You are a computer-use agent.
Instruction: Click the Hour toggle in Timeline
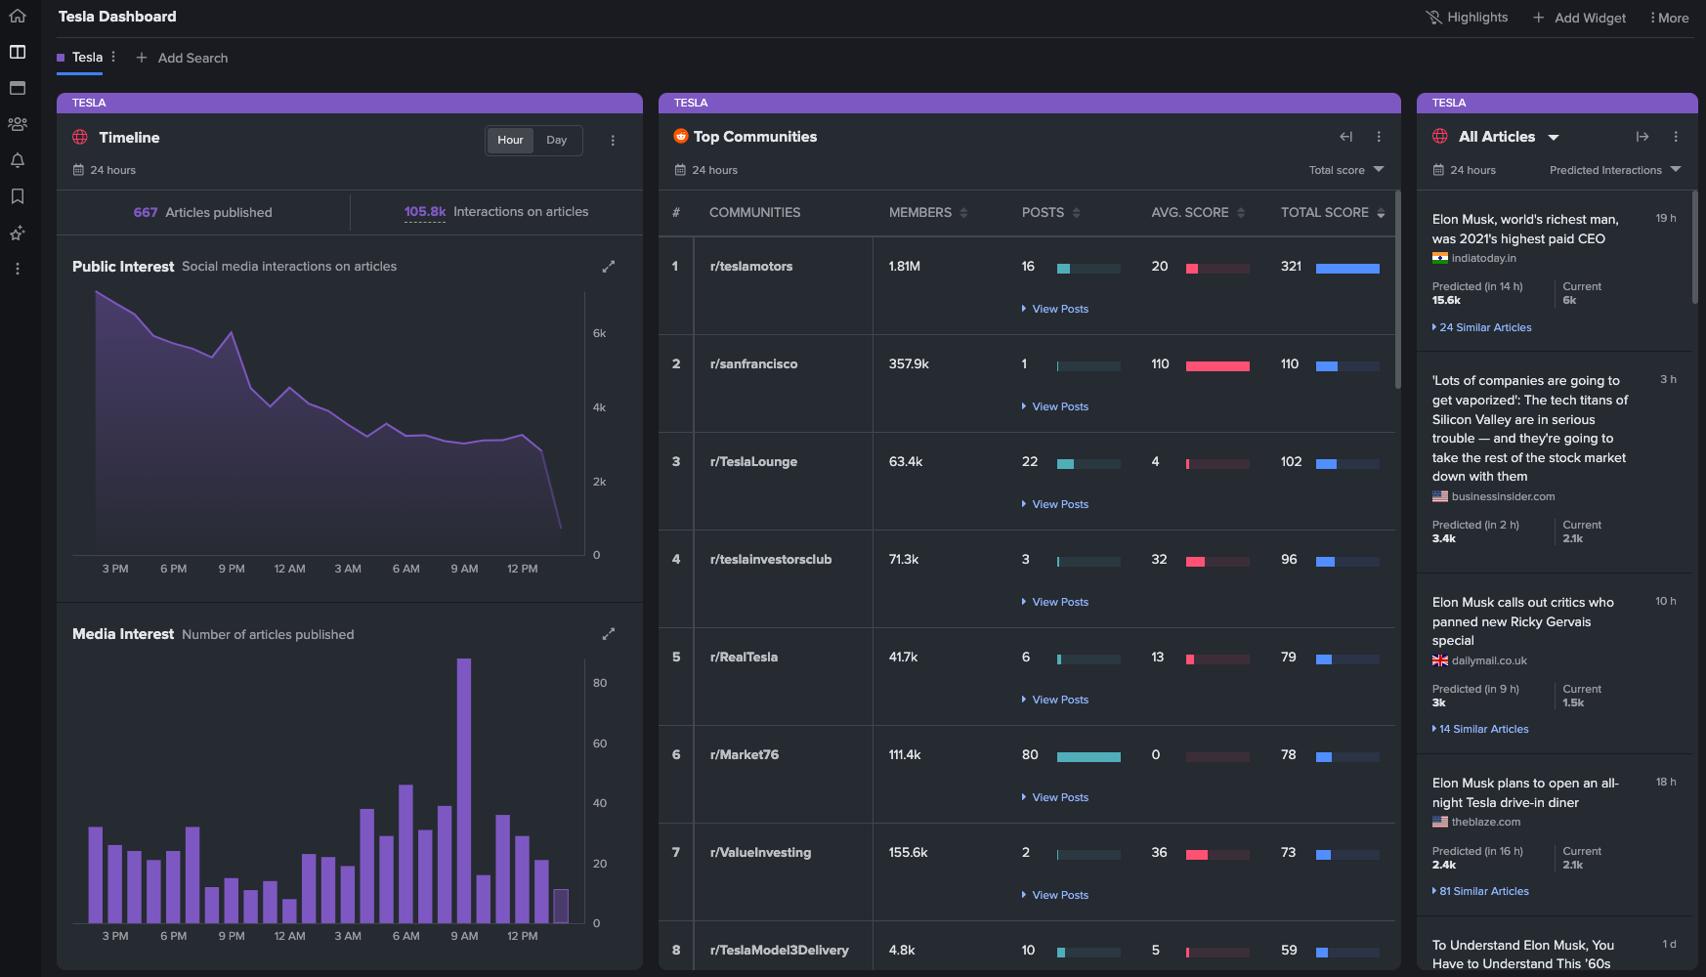510,140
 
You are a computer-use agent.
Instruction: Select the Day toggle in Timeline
556,140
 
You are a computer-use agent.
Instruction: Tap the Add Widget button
1579,18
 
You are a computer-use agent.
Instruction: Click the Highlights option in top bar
1467,18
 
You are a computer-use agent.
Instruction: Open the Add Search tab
182,58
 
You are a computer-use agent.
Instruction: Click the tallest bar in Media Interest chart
464,790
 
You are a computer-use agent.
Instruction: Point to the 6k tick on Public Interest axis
599,333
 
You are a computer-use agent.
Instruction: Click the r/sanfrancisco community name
753,363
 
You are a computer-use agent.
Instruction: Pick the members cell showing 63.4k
906,461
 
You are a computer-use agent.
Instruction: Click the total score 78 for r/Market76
1289,754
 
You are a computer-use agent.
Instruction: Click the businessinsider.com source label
1503,496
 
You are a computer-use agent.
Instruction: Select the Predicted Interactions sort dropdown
1615,170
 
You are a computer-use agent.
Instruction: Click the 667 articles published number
146,212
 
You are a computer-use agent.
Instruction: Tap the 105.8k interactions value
425,212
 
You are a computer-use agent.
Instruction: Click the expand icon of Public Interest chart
609,266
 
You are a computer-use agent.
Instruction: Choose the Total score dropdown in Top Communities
1346,170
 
